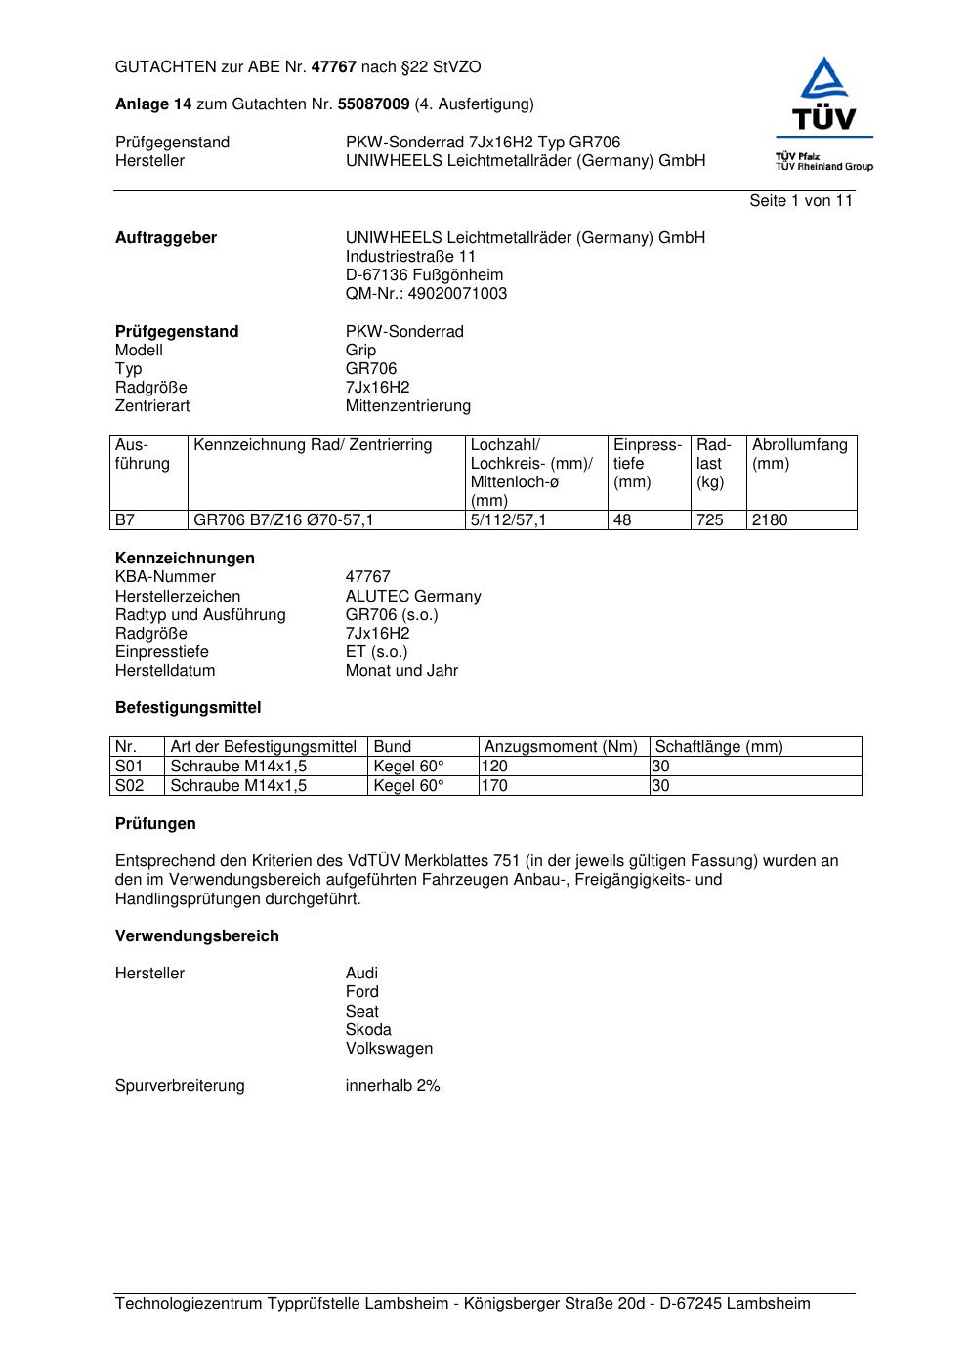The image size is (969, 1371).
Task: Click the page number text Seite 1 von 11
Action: (x=801, y=200)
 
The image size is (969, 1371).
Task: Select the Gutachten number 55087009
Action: (x=373, y=104)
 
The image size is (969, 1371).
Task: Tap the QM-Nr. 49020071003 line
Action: (x=426, y=294)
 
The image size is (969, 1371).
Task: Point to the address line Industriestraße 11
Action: (x=410, y=257)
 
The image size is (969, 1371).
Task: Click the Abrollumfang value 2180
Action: (x=770, y=520)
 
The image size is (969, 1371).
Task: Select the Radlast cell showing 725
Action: (x=710, y=520)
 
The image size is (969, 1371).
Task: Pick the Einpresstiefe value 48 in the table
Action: (x=623, y=520)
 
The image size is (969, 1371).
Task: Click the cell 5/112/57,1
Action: (x=509, y=520)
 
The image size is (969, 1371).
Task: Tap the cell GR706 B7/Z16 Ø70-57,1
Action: (x=283, y=520)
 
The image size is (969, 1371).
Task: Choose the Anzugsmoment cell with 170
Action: (x=495, y=785)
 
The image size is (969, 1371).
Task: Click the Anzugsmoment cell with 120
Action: (x=495, y=767)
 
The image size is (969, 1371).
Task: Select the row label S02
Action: (x=129, y=785)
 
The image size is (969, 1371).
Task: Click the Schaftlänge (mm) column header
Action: (x=719, y=747)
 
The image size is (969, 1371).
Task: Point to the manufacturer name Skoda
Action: (x=368, y=1030)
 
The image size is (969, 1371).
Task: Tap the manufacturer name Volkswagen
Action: (x=389, y=1049)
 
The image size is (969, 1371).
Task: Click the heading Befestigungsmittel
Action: (x=188, y=707)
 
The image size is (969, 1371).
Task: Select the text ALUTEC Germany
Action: (x=413, y=596)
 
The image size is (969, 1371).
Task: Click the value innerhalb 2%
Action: (x=393, y=1086)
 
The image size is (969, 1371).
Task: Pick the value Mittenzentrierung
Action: (x=408, y=406)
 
